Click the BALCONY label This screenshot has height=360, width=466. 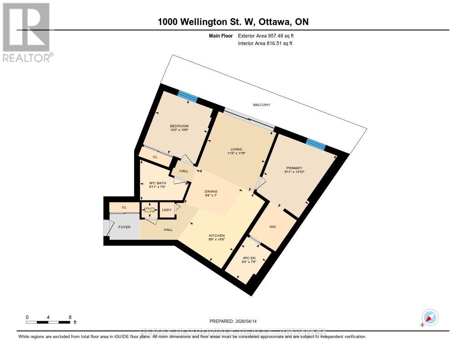262,105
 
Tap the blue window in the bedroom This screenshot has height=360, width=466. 187,96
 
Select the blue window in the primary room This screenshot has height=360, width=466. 316,144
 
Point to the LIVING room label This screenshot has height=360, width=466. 236,149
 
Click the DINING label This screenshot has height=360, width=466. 211,191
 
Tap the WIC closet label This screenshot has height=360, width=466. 273,227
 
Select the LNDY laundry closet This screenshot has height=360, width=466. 167,210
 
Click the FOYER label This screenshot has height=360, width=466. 124,226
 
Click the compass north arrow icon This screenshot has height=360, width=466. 430,318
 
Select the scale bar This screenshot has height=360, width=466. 48,322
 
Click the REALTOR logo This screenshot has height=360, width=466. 26,32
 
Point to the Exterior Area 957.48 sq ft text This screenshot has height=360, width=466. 269,35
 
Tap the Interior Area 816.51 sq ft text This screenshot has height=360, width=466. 265,43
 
